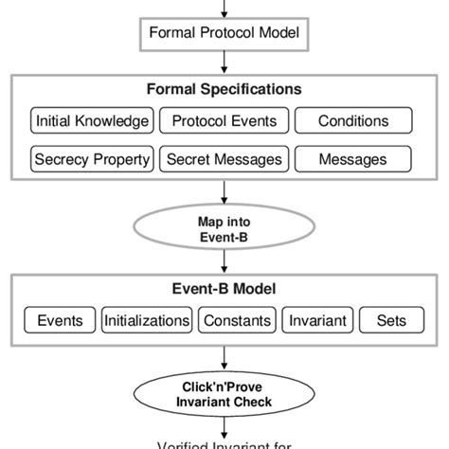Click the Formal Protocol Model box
pos(224,34)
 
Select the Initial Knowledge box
pos(92,121)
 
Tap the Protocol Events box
pos(224,121)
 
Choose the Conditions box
pos(352,121)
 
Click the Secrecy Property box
pos(92,159)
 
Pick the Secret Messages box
pos(224,159)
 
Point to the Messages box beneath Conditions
pos(352,159)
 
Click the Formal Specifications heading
pos(224,90)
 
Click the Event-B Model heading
pos(224,290)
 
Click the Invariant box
pos(315,320)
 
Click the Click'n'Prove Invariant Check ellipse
pos(224,394)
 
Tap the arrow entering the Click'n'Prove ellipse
pos(224,358)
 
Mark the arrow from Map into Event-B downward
pos(224,264)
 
